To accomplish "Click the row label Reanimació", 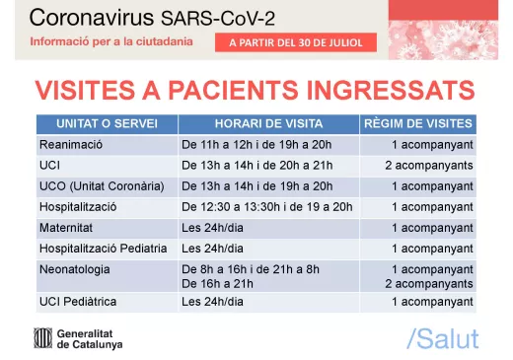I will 72,145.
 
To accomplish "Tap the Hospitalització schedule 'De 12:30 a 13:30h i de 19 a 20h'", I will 266,207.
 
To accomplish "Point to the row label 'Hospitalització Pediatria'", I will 103,249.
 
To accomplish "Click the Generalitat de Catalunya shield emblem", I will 44,338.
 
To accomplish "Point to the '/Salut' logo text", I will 442,339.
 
